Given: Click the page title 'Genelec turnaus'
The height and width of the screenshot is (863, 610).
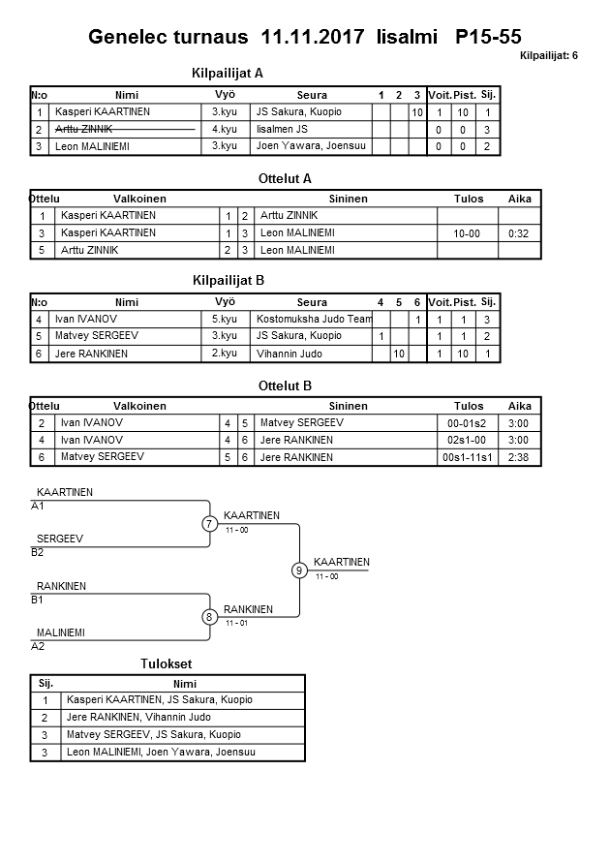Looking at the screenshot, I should [x=170, y=38].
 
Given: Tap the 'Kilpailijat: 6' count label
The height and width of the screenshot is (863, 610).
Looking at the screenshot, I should [x=548, y=55].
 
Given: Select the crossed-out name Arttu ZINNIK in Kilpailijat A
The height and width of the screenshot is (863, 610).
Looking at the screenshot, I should [x=86, y=129].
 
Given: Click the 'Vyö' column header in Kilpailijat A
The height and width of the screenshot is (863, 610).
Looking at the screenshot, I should [x=225, y=95].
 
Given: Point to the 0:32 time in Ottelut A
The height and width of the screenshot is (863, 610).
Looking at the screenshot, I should [x=519, y=233].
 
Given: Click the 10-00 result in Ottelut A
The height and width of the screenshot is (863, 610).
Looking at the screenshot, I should [x=469, y=233].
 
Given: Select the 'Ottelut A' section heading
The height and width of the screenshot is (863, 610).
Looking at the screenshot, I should [x=286, y=179].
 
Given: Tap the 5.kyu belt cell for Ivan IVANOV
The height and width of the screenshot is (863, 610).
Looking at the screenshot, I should [x=225, y=319].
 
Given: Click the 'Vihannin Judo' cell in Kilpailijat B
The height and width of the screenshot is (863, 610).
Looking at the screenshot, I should [x=290, y=354].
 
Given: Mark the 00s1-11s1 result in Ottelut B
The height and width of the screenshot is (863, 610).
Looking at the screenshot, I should [x=469, y=457].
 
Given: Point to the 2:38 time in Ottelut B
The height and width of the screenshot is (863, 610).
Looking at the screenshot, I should [x=519, y=457].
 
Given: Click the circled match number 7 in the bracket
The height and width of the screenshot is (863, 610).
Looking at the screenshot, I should [x=209, y=524].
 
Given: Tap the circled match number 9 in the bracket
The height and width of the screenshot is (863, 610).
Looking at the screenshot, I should [x=299, y=570].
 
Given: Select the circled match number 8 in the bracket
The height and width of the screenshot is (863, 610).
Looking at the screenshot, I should [x=209, y=617].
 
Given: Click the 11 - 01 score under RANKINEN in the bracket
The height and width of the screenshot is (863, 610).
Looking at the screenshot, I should [x=236, y=623].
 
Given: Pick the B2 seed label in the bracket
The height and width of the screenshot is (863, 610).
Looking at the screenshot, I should [x=38, y=552].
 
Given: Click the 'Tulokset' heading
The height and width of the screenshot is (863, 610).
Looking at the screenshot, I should [x=166, y=664].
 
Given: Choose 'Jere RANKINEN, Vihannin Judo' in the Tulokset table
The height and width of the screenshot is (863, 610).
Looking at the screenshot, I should [x=138, y=718].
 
